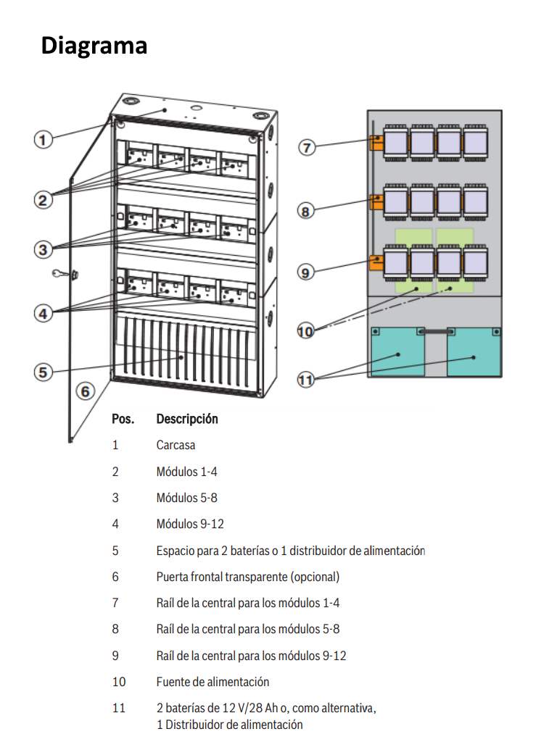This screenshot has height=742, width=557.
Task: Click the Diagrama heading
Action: pyautogui.click(x=94, y=46)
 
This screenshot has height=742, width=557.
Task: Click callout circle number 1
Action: pyautogui.click(x=44, y=139)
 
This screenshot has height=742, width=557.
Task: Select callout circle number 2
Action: pyautogui.click(x=44, y=199)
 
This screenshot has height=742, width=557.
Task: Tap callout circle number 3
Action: pyautogui.click(x=44, y=249)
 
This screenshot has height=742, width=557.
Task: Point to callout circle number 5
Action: pyautogui.click(x=44, y=372)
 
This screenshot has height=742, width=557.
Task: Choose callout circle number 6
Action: pyautogui.click(x=86, y=391)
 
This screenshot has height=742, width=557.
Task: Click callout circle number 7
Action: pyautogui.click(x=307, y=147)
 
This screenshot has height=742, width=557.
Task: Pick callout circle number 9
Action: pyautogui.click(x=306, y=272)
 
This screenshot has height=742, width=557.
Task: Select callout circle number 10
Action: pyautogui.click(x=306, y=331)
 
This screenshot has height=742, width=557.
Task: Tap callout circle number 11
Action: pyautogui.click(x=306, y=379)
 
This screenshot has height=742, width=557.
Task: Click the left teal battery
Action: pyautogui.click(x=397, y=353)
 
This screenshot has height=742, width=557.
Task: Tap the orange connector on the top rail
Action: pyautogui.click(x=376, y=142)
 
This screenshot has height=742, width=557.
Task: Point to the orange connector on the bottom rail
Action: pyautogui.click(x=376, y=262)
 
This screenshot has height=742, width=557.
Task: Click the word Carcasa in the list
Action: pyautogui.click(x=176, y=445)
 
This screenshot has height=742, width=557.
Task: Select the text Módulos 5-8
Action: pyautogui.click(x=186, y=498)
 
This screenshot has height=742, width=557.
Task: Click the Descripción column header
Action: pyautogui.click(x=186, y=419)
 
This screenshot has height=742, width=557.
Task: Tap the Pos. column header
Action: pyautogui.click(x=123, y=419)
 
